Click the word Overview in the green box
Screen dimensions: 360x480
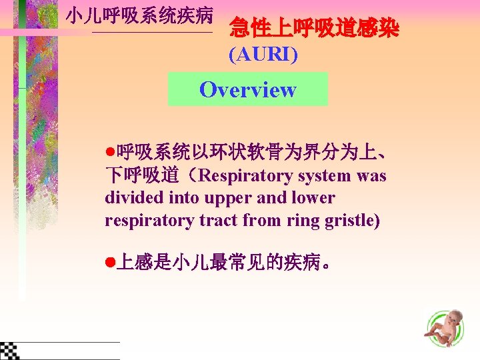247,90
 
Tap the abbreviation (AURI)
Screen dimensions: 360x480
263,55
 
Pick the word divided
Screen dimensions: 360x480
130,198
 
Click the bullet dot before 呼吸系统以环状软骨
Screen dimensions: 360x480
110,155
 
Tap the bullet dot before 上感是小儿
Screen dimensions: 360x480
110,263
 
